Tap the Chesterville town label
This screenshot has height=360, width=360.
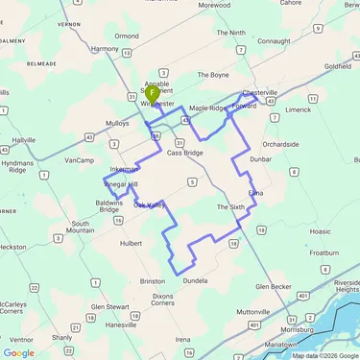pyautogui.click(x=259, y=93)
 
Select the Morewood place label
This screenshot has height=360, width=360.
pyautogui.click(x=213, y=5)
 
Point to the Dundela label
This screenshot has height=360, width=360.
pyautogui.click(x=195, y=280)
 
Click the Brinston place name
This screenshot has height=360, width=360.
pyautogui.click(x=153, y=280)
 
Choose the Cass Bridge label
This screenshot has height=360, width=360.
pyautogui.click(x=185, y=153)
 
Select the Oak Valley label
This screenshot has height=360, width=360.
pyautogui.click(x=150, y=204)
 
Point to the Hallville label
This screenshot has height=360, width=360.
pyautogui.click(x=23, y=140)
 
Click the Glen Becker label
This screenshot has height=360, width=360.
pyautogui.click(x=274, y=286)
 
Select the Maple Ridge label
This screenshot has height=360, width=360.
pyautogui.click(x=208, y=108)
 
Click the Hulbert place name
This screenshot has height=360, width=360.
pyautogui.click(x=131, y=244)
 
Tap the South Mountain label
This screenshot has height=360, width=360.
pyautogui.click(x=82, y=227)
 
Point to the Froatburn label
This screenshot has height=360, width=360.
pyautogui.click(x=324, y=252)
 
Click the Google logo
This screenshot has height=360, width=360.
pyautogui.click(x=19, y=352)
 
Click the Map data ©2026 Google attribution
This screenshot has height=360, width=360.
pyautogui.click(x=325, y=355)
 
